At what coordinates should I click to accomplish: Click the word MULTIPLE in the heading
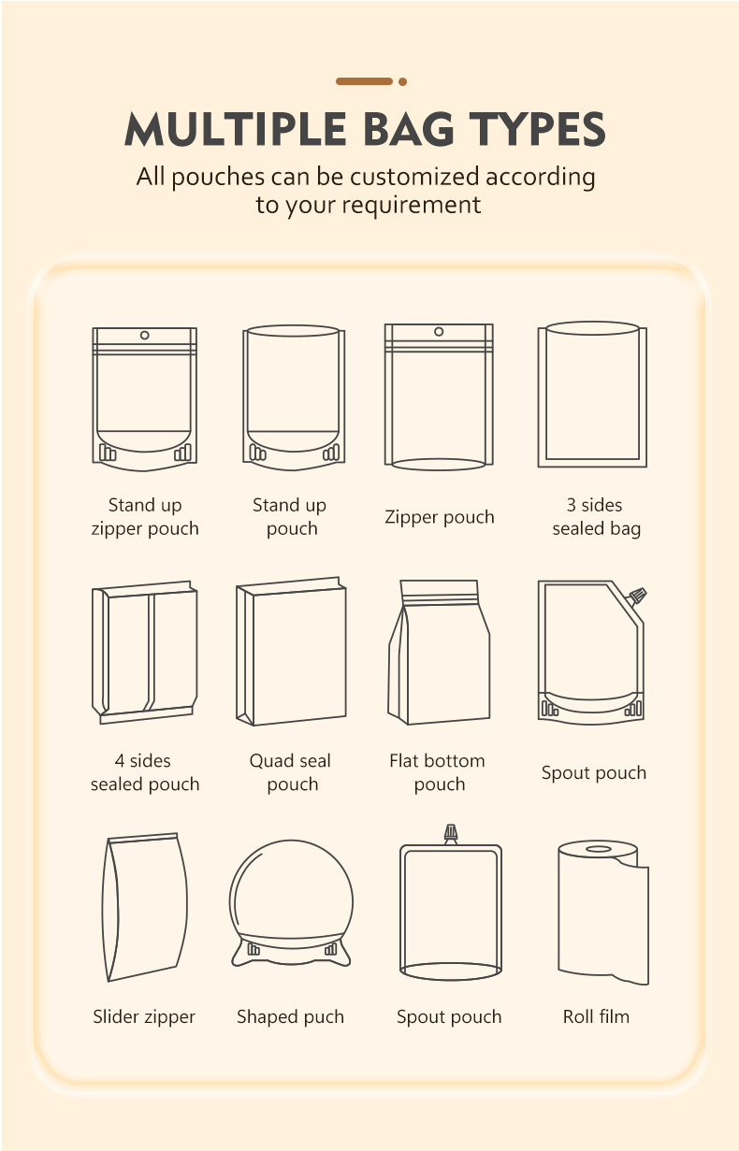pyautogui.click(x=235, y=128)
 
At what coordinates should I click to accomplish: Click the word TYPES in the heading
pyautogui.click(x=538, y=128)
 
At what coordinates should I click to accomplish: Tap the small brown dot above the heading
pyautogui.click(x=403, y=81)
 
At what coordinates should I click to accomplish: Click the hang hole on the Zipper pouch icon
pyautogui.click(x=439, y=331)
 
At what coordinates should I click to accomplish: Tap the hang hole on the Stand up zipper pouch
pyautogui.click(x=144, y=335)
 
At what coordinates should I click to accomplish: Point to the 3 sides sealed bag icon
pyautogui.click(x=592, y=395)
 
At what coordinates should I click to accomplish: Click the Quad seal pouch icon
pyautogui.click(x=291, y=651)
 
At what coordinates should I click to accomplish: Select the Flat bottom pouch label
pyautogui.click(x=438, y=772)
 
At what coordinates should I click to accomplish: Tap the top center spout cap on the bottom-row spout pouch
pyautogui.click(x=451, y=834)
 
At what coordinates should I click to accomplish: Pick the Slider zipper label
pyautogui.click(x=144, y=1016)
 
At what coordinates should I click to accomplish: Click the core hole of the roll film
pyautogui.click(x=599, y=849)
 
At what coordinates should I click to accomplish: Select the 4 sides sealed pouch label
pyautogui.click(x=145, y=772)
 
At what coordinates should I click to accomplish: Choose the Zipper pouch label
pyautogui.click(x=440, y=517)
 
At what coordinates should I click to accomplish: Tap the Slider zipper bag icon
pyautogui.click(x=145, y=907)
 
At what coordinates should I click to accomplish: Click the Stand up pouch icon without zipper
pyautogui.click(x=294, y=397)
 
